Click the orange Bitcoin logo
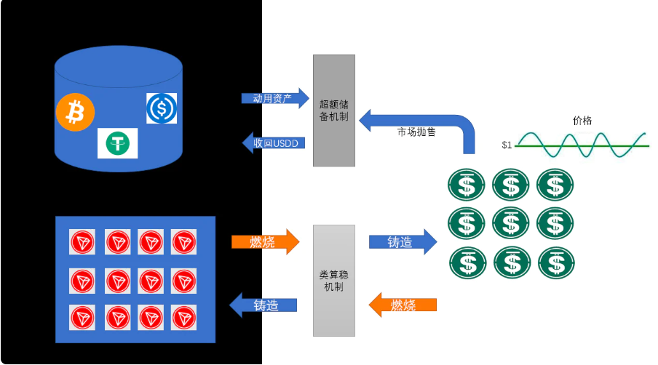75,111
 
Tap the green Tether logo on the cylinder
117,143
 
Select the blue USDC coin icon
162,108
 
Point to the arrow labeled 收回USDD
274,143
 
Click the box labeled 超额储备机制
334,110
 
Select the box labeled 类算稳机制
334,281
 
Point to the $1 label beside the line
507,145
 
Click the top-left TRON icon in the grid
82,242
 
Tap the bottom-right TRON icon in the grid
184,318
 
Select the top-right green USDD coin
555,185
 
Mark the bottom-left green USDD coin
467,262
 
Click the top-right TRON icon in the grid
184,242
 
